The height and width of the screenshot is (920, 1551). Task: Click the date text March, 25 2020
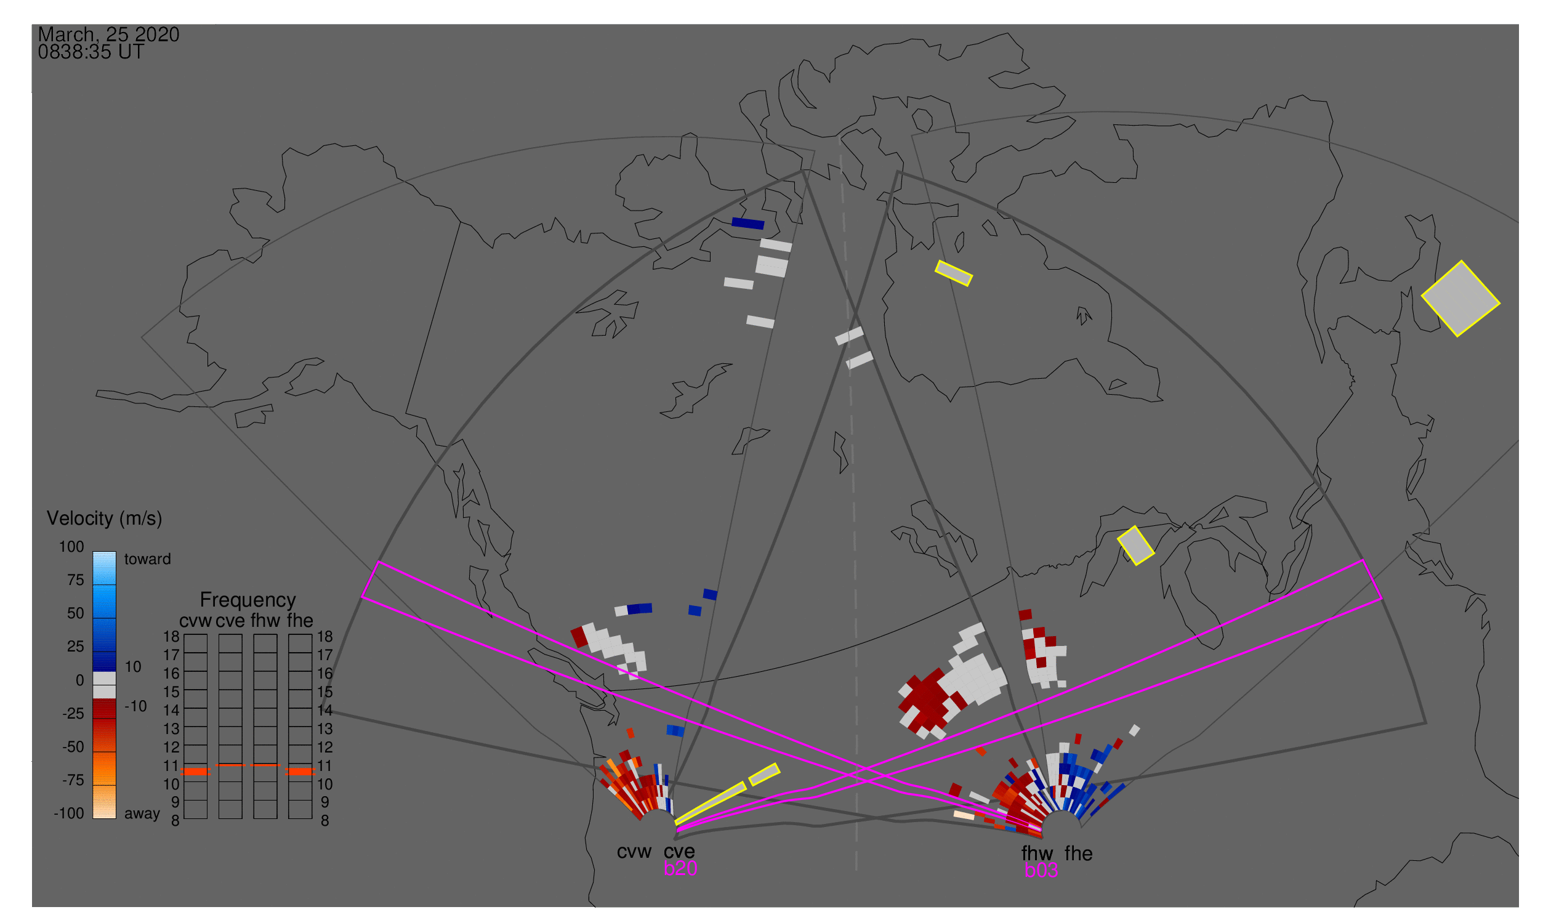point(108,34)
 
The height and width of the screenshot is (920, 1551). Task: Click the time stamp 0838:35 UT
point(91,52)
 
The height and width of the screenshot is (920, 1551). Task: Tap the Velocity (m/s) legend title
point(104,519)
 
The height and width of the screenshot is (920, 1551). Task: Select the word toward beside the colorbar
point(148,559)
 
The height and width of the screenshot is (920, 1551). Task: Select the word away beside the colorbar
point(142,814)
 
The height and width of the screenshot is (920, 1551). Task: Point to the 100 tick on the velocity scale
point(71,547)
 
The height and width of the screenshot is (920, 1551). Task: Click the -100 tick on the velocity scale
point(68,813)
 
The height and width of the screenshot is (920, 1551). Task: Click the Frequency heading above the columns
point(248,601)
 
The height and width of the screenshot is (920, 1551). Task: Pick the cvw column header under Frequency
point(195,621)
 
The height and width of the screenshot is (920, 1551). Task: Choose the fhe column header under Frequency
point(300,621)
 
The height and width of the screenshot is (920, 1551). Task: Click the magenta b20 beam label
point(680,868)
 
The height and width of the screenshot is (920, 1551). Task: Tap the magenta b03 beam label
point(1041,870)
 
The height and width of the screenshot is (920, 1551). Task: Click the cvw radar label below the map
point(634,852)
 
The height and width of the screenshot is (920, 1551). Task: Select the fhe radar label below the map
point(1079,853)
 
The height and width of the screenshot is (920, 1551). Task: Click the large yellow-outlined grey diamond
point(1460,299)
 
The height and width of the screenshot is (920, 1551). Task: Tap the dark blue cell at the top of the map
point(747,224)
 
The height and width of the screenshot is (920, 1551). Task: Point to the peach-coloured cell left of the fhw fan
point(964,815)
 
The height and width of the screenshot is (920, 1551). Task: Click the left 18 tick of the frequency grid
point(171,637)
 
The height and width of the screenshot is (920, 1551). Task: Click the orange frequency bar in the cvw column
point(196,772)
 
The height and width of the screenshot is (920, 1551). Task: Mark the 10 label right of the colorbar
point(133,667)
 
